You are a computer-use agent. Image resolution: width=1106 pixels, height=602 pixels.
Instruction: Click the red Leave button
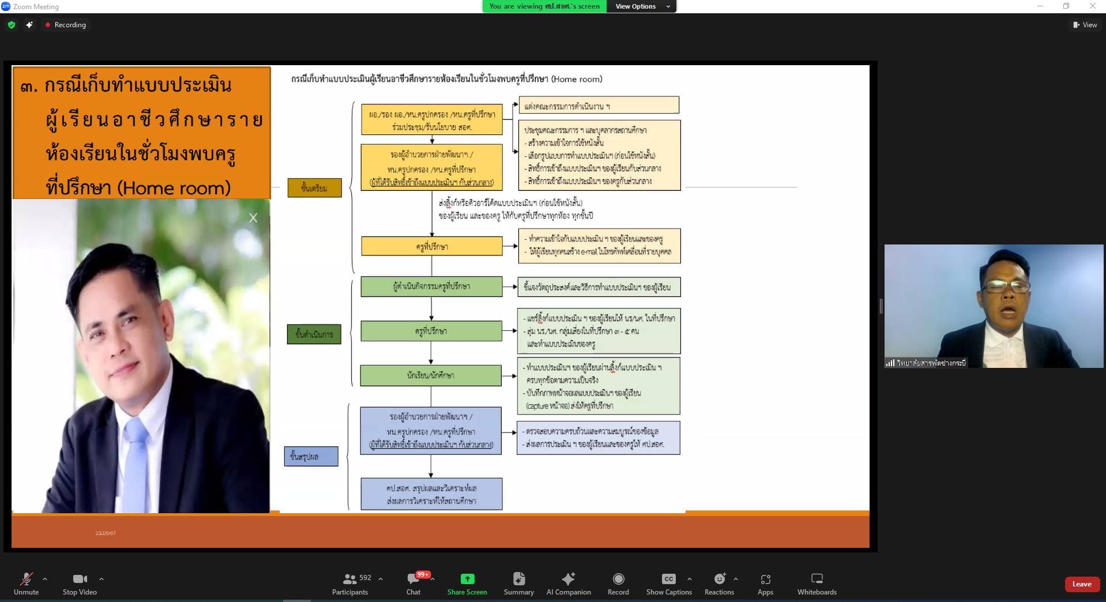(1081, 584)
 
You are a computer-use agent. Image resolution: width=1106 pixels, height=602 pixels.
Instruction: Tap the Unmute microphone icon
(26, 579)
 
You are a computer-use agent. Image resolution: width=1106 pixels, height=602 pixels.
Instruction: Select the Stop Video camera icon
(80, 579)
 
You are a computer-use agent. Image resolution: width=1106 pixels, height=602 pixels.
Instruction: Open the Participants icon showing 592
(350, 579)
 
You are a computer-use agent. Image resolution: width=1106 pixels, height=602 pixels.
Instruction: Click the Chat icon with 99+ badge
(413, 579)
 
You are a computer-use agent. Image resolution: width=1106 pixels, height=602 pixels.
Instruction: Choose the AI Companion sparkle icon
(569, 579)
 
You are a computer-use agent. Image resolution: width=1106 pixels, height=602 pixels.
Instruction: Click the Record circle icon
(618, 579)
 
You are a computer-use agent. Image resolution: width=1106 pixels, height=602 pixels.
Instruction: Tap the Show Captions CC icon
(668, 579)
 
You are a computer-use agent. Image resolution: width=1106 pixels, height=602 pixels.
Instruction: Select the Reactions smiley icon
(719, 579)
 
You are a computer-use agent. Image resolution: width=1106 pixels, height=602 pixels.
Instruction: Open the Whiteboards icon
(817, 579)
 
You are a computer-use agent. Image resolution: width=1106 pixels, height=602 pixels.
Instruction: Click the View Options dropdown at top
(642, 6)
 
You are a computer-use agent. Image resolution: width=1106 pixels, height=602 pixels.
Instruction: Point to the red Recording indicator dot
(48, 25)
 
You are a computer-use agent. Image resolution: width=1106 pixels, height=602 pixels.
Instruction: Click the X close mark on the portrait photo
(253, 218)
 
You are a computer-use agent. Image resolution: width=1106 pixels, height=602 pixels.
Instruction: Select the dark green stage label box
(314, 334)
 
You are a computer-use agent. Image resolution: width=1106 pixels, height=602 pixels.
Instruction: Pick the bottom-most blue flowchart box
(431, 494)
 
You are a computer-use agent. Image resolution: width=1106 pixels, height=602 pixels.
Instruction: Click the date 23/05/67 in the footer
(106, 533)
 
